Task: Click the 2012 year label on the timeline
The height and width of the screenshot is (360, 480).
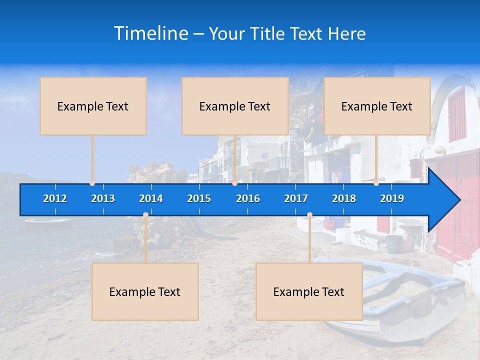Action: [55, 198]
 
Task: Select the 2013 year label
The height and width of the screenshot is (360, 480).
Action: [103, 198]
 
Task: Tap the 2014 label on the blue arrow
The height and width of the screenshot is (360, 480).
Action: [151, 198]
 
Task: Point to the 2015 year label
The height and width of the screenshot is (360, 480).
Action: [199, 198]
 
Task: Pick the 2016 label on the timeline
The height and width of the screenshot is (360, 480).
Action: [248, 198]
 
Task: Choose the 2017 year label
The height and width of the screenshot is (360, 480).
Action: [296, 198]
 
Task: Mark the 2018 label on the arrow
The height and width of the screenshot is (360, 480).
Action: [344, 198]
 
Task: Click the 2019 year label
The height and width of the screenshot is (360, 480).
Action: [392, 198]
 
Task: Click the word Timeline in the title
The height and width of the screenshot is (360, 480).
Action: [151, 33]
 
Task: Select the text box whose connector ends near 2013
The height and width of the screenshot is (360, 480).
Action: [93, 106]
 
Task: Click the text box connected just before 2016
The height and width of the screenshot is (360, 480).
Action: [235, 106]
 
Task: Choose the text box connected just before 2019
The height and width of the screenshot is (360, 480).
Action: [377, 106]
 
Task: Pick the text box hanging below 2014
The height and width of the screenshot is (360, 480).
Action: [145, 291]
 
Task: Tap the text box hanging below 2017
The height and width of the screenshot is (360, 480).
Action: [309, 291]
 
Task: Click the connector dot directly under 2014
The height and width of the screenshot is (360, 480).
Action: [145, 215]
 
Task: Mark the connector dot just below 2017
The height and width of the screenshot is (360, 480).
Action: [309, 215]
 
